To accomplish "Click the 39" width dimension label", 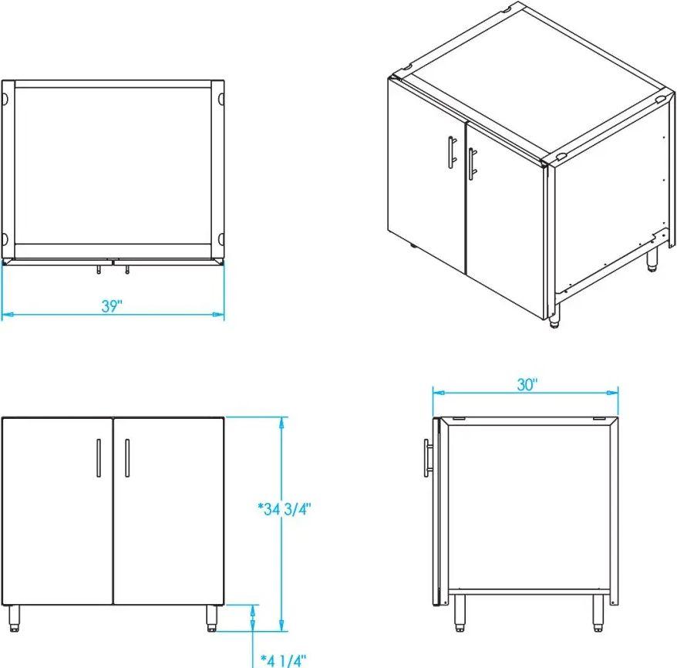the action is point(113,305).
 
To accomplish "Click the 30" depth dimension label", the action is point(527,385).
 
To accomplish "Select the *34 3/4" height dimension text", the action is point(285,509).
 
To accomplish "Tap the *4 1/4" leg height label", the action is point(283,660).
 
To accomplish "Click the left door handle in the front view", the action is point(99,458).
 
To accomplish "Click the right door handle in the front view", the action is point(127,458).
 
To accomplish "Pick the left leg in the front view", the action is point(14,619).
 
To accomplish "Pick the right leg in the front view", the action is point(211,619).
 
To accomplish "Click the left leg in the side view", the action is point(460,613).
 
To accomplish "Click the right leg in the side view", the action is point(598,613).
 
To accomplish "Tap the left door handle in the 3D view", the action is point(452,151).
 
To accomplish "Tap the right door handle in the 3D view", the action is point(472,164).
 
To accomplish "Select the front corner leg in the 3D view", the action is point(554,317).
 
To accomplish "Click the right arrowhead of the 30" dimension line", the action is point(612,393).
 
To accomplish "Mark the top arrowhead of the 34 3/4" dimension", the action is point(281,423).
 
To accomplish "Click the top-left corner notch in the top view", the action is point(5,99).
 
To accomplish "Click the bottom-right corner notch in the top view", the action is point(221,238).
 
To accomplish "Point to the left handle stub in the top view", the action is point(99,269).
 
